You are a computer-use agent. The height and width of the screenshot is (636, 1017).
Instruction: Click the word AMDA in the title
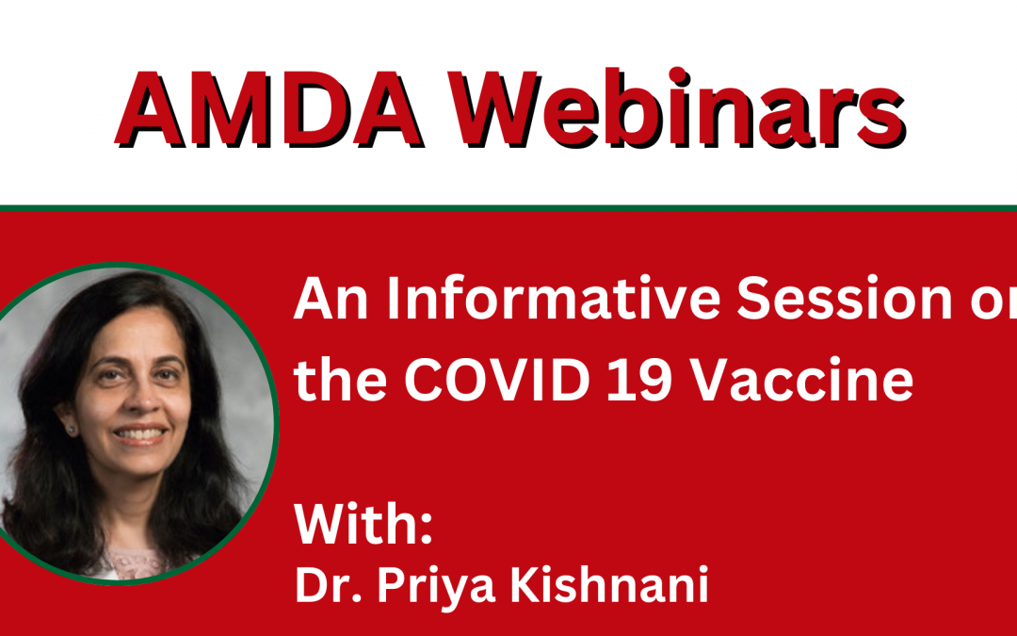(x=269, y=109)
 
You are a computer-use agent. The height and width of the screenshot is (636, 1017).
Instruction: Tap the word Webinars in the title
(x=677, y=107)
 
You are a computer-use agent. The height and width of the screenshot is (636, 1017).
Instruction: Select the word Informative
(x=554, y=300)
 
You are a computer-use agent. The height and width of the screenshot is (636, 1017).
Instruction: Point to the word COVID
(x=497, y=381)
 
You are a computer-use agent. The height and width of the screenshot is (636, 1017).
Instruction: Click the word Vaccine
(x=800, y=380)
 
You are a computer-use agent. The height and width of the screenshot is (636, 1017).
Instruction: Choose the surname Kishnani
(x=609, y=585)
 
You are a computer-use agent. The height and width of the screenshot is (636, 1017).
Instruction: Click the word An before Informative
(x=331, y=300)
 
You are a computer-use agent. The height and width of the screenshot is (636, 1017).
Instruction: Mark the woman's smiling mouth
(x=140, y=434)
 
